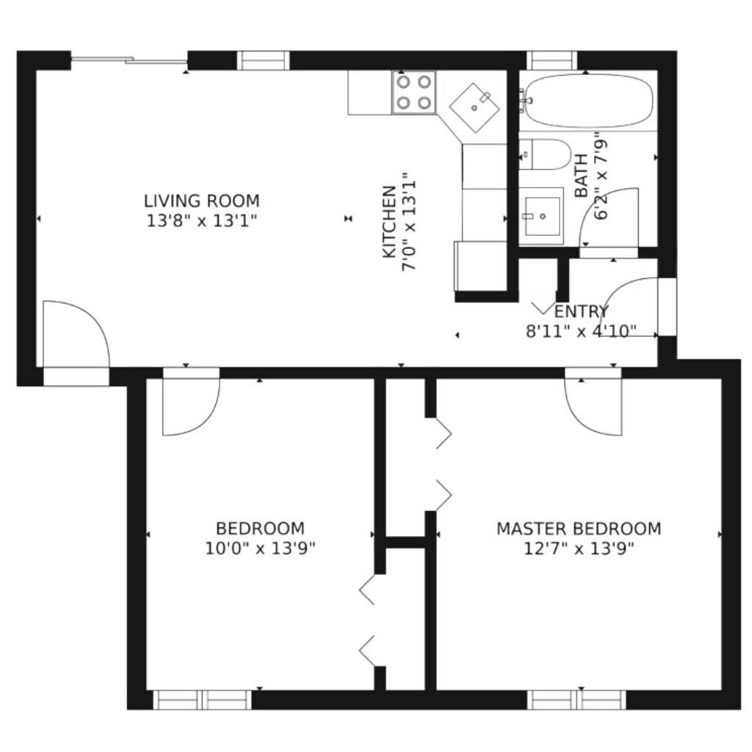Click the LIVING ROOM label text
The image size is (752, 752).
pyautogui.click(x=202, y=200)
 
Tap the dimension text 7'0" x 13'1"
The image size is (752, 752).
pyautogui.click(x=408, y=222)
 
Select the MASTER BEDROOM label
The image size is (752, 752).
pyautogui.click(x=579, y=529)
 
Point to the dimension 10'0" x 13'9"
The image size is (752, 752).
pyautogui.click(x=261, y=548)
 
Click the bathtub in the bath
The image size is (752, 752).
pyautogui.click(x=589, y=101)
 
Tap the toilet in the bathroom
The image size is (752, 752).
pyautogui.click(x=544, y=154)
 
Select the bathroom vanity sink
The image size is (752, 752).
pyautogui.click(x=541, y=216)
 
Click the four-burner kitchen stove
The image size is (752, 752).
pyautogui.click(x=414, y=92)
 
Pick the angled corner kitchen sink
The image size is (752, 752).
pyautogui.click(x=474, y=108)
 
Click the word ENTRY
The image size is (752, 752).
pyautogui.click(x=582, y=311)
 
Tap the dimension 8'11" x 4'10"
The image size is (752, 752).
pyautogui.click(x=582, y=331)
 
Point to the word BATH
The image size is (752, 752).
pyautogui.click(x=582, y=176)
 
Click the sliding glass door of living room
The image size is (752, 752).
pyautogui.click(x=129, y=60)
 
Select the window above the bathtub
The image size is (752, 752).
pyautogui.click(x=552, y=60)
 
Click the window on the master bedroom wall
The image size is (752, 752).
pyautogui.click(x=576, y=700)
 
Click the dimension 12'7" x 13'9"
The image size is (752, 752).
pyautogui.click(x=579, y=548)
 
